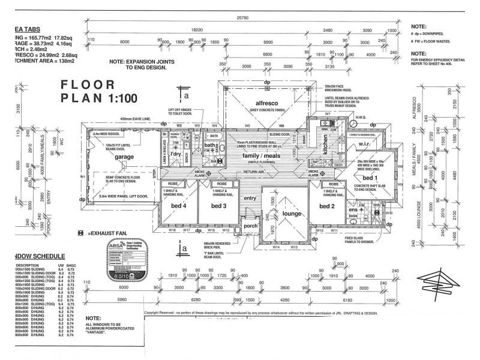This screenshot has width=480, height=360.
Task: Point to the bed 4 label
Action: (x=179, y=206)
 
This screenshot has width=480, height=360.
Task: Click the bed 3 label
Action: (x=218, y=206)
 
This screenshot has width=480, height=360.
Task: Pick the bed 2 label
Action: (x=326, y=206)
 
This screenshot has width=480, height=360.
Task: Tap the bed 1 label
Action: (x=368, y=178)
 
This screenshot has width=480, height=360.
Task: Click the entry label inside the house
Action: (x=249, y=198)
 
